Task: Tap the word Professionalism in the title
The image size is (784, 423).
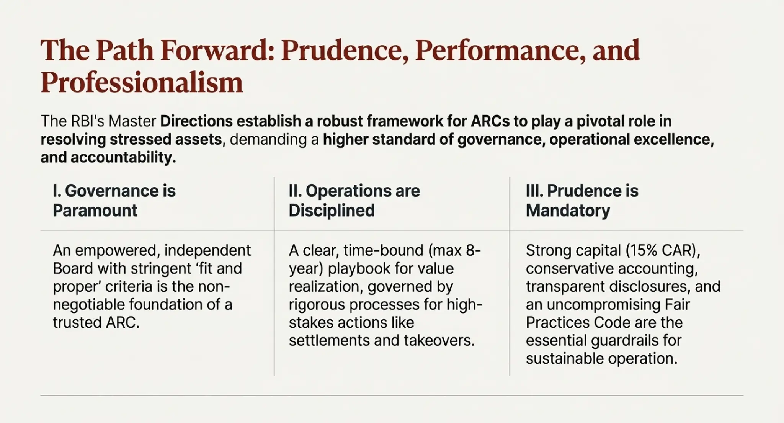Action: [142, 83]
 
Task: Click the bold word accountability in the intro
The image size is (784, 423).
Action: [122, 157]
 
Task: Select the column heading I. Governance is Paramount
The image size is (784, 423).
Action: [114, 201]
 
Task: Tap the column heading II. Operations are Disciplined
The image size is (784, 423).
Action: [354, 201]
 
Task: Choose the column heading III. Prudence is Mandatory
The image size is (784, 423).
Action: [582, 201]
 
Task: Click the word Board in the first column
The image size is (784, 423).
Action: [72, 269]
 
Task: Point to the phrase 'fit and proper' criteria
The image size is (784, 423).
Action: [147, 278]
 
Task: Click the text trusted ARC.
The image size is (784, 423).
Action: [96, 323]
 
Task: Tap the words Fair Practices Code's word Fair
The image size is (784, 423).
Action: [677, 305]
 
